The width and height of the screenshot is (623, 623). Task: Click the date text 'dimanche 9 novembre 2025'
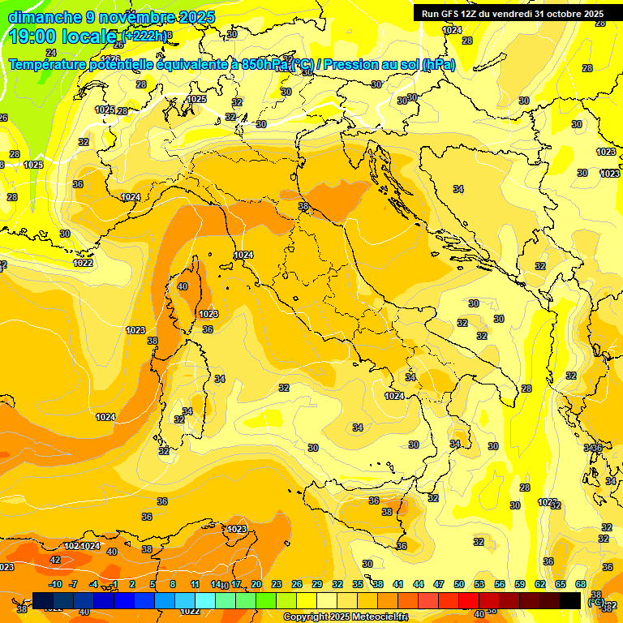click(111, 17)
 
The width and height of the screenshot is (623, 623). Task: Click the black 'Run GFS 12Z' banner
click(512, 14)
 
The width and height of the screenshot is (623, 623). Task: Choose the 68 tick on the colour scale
click(581, 584)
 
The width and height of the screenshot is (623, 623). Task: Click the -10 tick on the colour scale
click(55, 584)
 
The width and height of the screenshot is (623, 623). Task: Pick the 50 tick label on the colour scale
click(459, 584)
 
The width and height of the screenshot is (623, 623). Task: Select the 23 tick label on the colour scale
click(277, 584)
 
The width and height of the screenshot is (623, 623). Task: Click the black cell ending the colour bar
click(570, 599)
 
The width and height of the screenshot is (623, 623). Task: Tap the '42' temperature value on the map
click(55, 560)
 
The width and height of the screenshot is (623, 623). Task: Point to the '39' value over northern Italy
click(303, 207)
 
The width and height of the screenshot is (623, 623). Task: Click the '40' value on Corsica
click(183, 286)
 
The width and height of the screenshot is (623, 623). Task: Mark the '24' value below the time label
click(51, 53)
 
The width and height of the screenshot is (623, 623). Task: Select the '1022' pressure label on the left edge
click(83, 263)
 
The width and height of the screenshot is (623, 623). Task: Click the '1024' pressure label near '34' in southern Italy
click(394, 396)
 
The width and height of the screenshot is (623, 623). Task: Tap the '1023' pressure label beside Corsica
click(208, 314)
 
